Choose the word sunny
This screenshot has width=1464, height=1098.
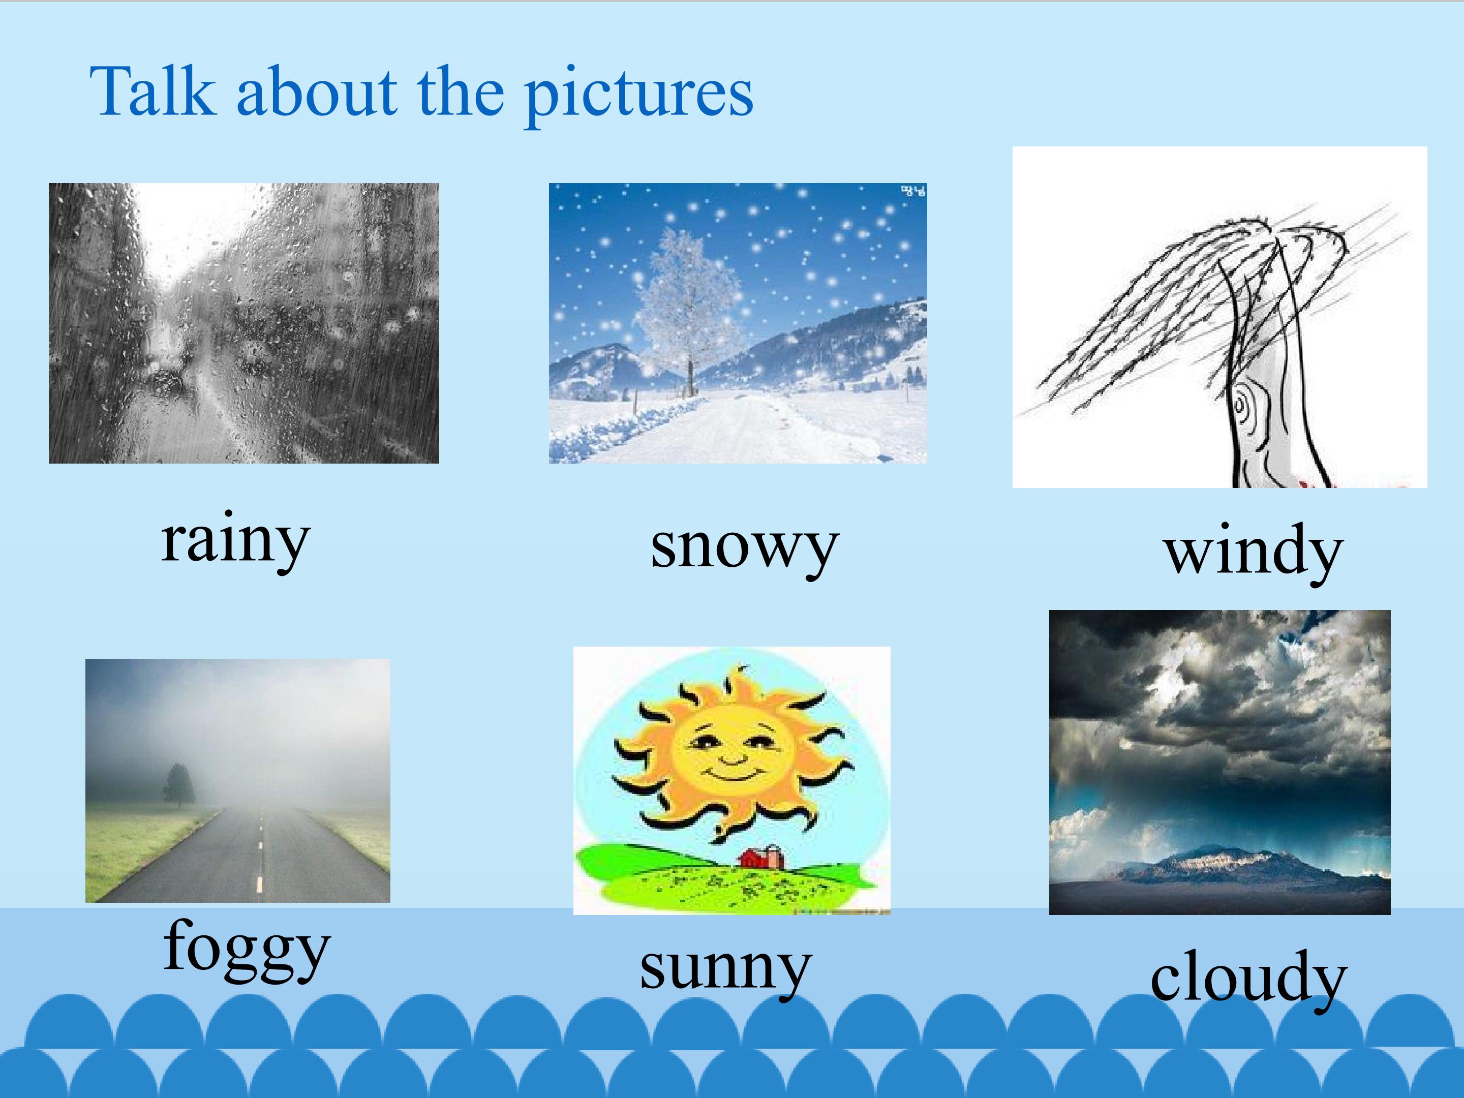pos(725,968)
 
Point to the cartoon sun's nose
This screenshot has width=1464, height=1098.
pos(731,756)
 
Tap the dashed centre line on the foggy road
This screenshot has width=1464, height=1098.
pos(260,861)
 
